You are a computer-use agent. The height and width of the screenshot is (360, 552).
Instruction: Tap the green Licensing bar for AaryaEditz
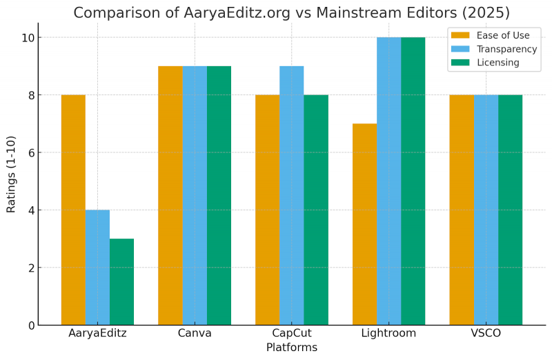coord(121,282)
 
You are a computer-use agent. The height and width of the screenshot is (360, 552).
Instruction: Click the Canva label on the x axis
coord(195,333)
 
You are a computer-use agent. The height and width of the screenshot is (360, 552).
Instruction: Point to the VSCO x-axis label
coord(486,333)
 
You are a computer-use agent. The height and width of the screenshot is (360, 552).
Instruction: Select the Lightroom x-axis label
coord(388,333)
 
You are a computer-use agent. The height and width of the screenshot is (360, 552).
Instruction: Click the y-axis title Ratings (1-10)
coord(12,181)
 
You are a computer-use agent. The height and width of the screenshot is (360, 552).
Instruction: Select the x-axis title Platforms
coord(291,348)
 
